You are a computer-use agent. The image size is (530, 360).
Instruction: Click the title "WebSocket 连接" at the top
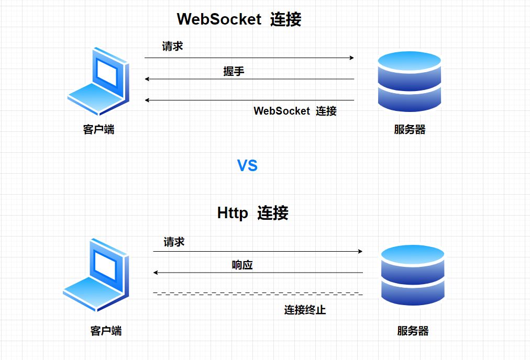point(239,19)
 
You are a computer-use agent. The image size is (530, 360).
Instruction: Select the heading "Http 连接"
point(252,213)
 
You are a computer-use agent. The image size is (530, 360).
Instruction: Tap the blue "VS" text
point(248,166)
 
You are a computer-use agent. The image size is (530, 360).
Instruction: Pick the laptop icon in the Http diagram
point(96,274)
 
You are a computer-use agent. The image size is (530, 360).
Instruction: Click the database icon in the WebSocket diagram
point(410,82)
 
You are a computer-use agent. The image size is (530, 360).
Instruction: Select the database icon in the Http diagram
point(413,275)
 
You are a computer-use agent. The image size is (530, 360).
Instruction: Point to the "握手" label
point(234,72)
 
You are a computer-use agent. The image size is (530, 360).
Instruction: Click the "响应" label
point(242,265)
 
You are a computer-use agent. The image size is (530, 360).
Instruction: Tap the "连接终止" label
point(305,310)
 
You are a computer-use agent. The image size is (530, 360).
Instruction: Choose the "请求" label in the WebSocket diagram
point(172,47)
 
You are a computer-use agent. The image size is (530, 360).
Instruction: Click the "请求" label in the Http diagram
point(174,242)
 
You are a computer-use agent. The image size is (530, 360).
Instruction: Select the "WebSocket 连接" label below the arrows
point(295,111)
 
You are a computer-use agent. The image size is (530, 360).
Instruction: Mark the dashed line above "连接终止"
point(258,294)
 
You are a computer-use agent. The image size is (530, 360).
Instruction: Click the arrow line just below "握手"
point(249,79)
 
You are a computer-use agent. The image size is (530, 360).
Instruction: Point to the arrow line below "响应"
point(258,273)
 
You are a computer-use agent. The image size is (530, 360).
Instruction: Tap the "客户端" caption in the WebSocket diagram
point(98,129)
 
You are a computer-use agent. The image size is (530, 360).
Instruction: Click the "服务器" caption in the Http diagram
point(413,331)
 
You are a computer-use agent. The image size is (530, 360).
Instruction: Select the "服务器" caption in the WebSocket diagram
point(410,129)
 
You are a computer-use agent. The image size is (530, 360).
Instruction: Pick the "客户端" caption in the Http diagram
point(106,331)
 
